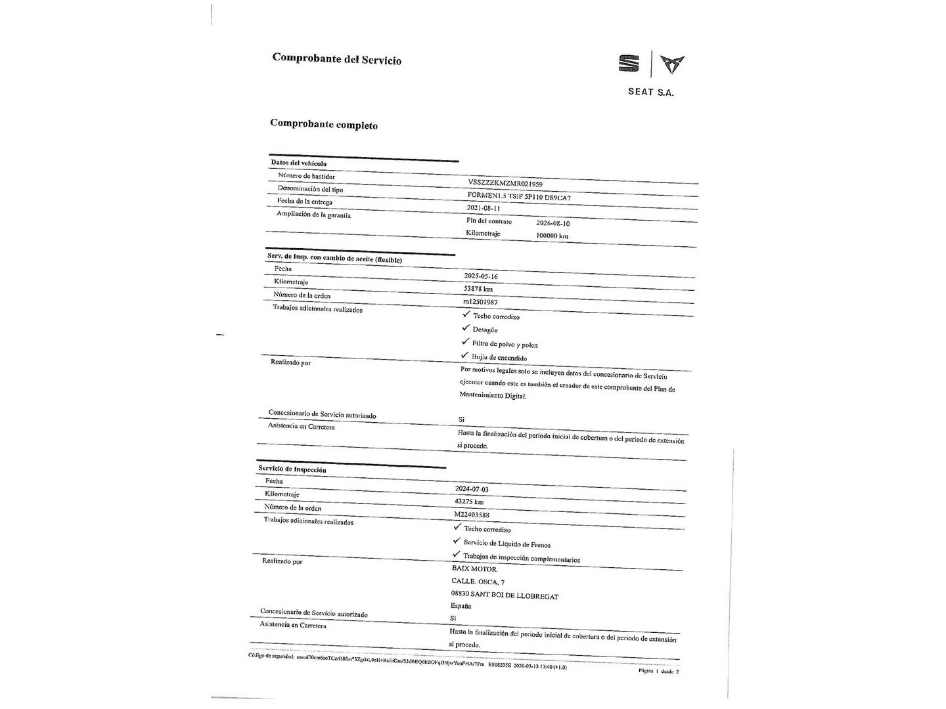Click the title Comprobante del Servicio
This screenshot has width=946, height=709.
pos(336,59)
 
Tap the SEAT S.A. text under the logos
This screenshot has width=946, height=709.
pos(650,92)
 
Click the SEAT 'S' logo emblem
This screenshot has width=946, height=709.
pos(629,64)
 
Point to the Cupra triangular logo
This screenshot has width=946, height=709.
pos(671,64)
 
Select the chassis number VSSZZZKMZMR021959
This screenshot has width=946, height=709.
pos(505,183)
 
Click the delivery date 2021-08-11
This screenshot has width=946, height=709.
pos(483,208)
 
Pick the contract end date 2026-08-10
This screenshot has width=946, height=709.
pos(552,223)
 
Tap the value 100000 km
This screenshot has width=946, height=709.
pos(552,236)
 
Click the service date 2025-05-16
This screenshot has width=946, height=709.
pos(481,276)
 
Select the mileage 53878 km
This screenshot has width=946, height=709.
pos(478,289)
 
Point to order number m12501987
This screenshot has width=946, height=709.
pos(480,302)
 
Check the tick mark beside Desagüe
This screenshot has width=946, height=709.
pos(466,328)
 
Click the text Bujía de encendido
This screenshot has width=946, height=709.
pos(499,358)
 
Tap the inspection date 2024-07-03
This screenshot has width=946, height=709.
pos(472,489)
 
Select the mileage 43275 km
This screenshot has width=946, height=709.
pos(469,502)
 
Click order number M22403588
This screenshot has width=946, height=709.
pos(472,515)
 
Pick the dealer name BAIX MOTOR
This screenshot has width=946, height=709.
pos(474,569)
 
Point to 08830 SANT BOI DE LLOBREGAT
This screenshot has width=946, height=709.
pos(505,596)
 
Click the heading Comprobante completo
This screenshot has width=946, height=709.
pos(324,125)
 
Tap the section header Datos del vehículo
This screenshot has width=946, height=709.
pos(299,163)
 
